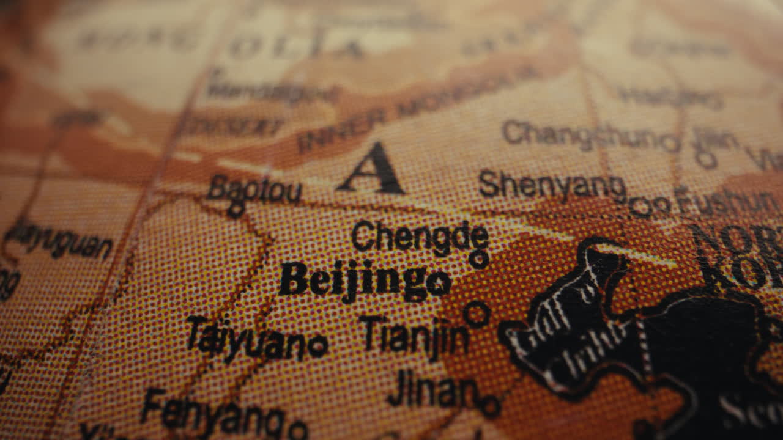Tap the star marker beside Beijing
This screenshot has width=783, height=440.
[438, 283]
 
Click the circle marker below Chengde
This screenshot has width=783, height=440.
[478, 259]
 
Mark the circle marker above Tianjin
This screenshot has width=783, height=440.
[476, 313]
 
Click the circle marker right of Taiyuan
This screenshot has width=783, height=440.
[317, 346]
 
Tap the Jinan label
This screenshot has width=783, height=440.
[432, 389]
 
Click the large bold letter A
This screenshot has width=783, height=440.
[371, 169]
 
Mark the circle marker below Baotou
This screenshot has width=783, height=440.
[236, 211]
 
